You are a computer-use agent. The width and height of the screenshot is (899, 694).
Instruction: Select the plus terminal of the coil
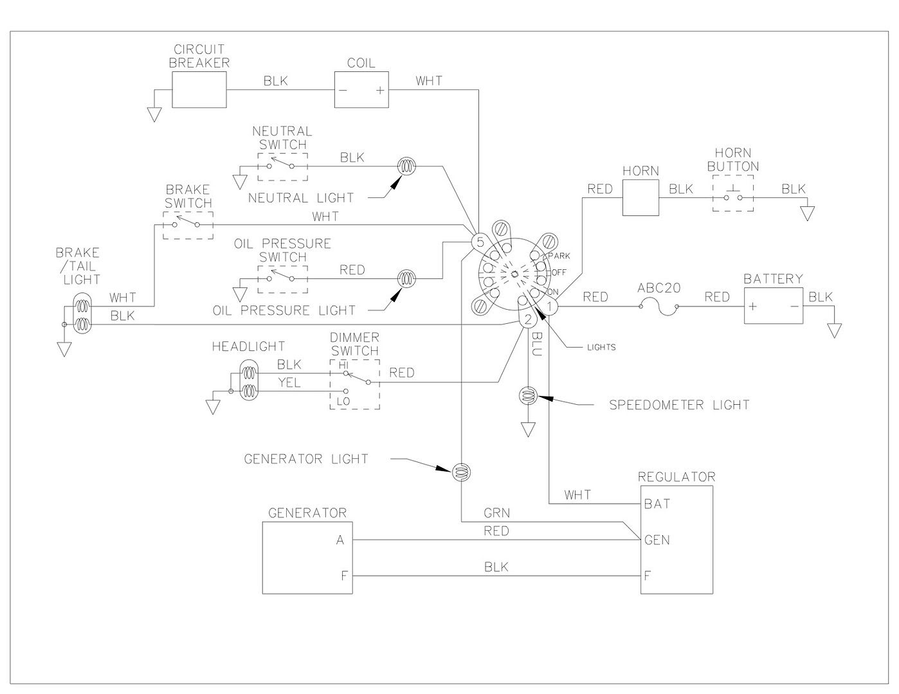380,90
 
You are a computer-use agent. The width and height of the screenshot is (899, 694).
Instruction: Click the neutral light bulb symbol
406,166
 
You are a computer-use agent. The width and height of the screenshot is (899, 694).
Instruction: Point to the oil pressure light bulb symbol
406,279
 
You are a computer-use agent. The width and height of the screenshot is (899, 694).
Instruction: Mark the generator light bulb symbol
461,472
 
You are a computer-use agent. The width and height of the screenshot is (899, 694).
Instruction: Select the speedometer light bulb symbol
528,396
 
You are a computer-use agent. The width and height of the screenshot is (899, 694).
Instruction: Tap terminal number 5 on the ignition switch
480,242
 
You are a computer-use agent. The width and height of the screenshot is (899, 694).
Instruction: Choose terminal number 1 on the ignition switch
550,307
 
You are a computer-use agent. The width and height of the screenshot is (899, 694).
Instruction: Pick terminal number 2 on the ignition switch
528,319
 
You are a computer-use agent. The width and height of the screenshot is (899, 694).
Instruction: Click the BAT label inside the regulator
657,504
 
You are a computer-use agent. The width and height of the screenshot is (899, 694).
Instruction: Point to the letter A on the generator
340,540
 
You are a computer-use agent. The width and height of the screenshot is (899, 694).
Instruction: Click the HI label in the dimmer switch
343,366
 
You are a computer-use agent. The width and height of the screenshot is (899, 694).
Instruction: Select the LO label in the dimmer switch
343,402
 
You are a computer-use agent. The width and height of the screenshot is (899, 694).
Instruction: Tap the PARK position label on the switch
559,256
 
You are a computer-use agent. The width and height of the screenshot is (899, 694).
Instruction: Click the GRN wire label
496,513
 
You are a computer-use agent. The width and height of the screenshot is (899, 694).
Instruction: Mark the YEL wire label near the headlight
289,383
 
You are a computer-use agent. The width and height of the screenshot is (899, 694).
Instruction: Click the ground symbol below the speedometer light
528,429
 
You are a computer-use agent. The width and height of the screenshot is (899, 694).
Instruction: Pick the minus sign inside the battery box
794,307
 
